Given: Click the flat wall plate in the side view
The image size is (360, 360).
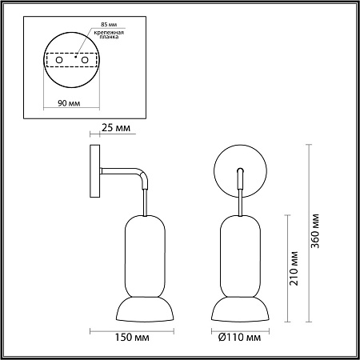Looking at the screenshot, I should (94, 171).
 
